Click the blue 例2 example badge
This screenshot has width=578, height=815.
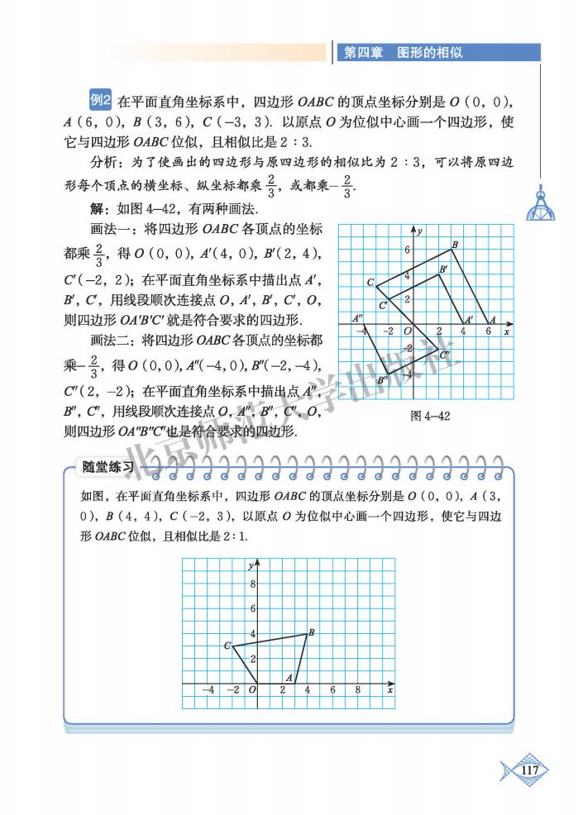(100, 101)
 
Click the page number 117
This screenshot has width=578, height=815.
(530, 770)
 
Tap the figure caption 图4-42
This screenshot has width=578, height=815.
(430, 416)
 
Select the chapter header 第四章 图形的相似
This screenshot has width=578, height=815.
(403, 52)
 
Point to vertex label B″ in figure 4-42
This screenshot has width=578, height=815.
(382, 380)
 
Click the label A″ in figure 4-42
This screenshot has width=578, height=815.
(358, 318)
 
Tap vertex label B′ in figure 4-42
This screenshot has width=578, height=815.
(443, 269)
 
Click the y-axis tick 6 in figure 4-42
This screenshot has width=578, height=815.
(407, 250)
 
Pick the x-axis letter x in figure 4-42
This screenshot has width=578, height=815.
(506, 331)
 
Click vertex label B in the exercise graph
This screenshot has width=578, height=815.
(311, 633)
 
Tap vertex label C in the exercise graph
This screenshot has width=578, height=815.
(227, 646)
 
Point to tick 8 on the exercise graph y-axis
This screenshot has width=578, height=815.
(253, 584)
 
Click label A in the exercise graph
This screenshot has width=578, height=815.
(289, 677)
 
